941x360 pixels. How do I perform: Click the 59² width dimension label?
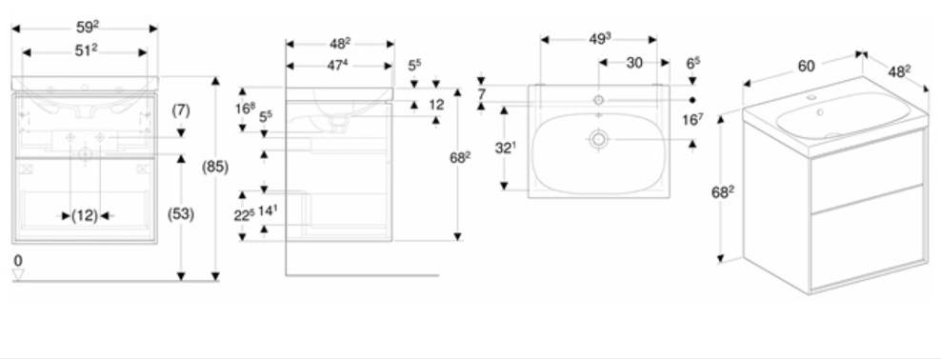[88, 28]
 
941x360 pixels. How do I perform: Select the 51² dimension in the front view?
[87, 51]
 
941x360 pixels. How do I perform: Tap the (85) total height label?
[215, 167]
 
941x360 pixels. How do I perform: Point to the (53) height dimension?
[181, 214]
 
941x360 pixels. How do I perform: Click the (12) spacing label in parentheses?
[85, 216]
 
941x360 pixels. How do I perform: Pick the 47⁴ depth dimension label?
[337, 66]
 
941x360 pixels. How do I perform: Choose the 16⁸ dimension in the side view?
[243, 109]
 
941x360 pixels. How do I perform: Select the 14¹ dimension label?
[267, 210]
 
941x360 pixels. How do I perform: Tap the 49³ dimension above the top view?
[599, 39]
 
